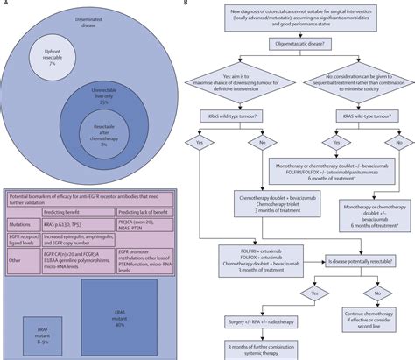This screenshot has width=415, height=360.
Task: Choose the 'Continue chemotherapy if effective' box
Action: coord(371,323)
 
